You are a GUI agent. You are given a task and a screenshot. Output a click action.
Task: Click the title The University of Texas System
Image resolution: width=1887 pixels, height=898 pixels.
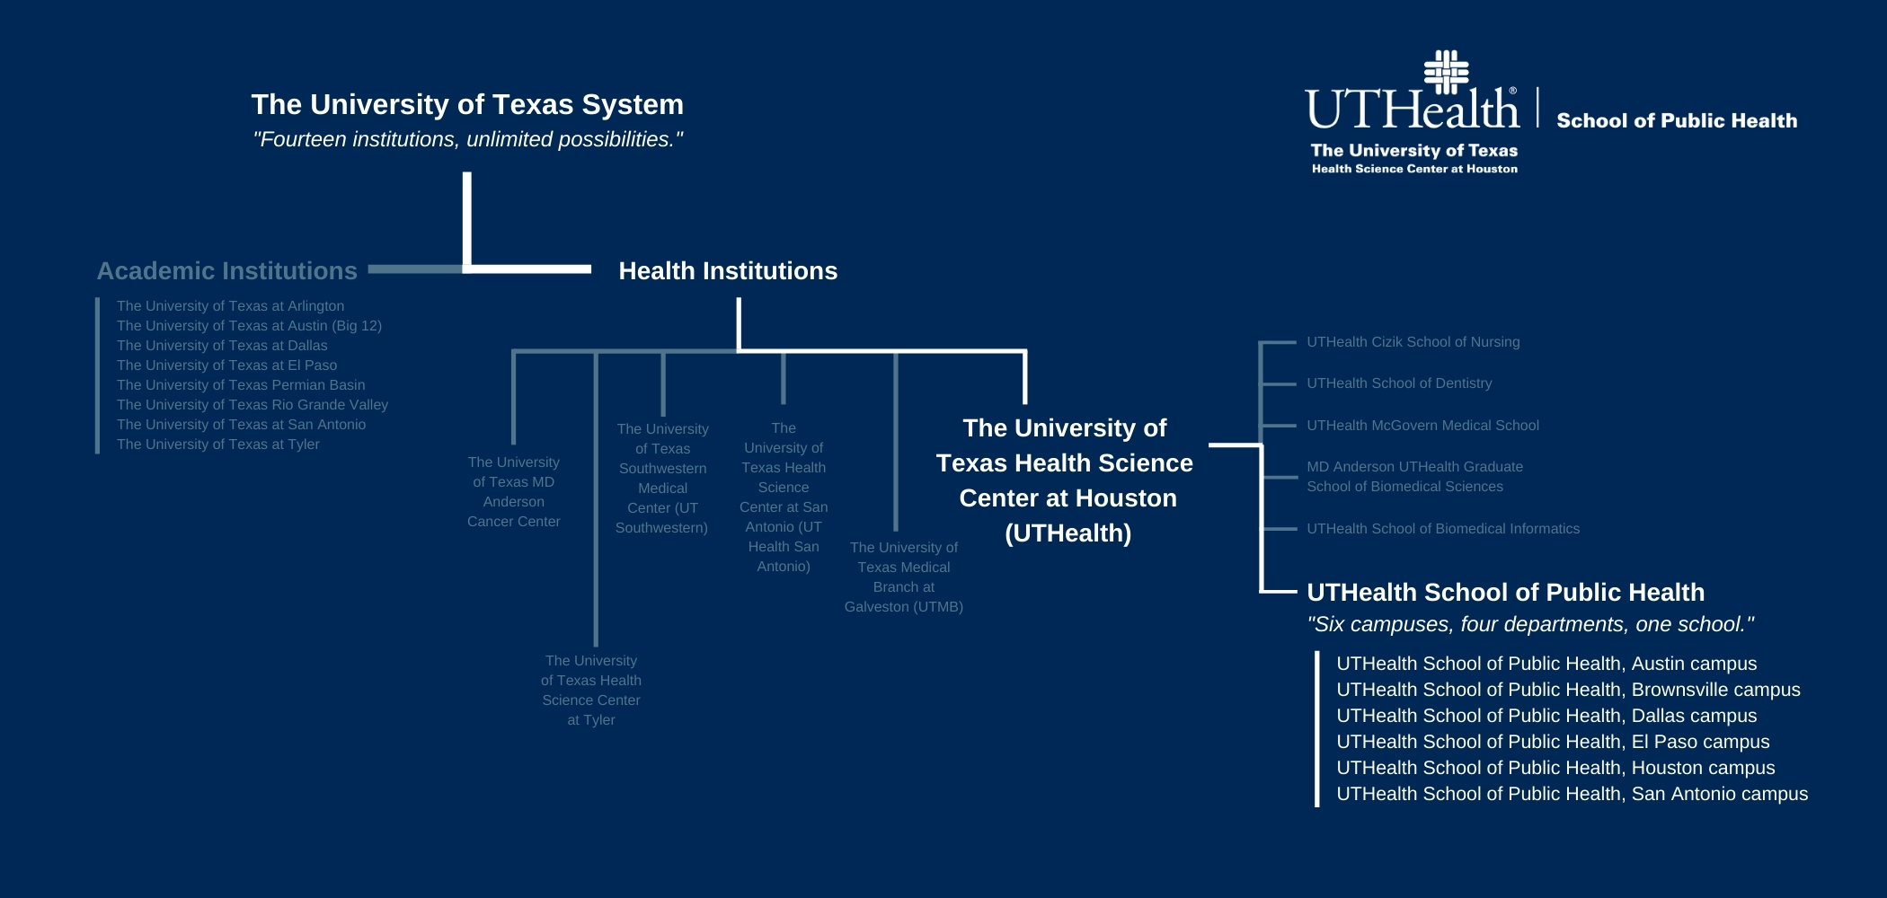coord(467,105)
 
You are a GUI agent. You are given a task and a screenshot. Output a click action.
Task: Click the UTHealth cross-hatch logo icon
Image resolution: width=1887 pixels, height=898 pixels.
coord(1446,72)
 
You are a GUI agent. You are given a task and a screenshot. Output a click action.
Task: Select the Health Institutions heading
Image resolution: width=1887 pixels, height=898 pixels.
coord(728,271)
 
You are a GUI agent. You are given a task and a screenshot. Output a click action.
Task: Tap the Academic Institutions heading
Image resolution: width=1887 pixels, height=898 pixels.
coord(226,271)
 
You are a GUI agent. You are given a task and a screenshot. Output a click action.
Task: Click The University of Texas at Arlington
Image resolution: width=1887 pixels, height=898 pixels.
coord(230,306)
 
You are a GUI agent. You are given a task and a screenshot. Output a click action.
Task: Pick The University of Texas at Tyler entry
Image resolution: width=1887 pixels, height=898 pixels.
coord(217,445)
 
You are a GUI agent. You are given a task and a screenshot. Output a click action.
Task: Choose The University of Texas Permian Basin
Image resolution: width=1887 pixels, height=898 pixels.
coord(241,385)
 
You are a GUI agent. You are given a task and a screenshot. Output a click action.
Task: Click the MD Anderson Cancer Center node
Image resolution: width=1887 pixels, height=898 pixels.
coord(513,491)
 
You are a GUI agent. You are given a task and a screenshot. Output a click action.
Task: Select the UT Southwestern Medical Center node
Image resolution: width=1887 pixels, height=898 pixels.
coord(662,479)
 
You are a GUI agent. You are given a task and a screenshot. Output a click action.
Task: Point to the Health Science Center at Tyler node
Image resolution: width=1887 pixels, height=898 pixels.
coord(590,690)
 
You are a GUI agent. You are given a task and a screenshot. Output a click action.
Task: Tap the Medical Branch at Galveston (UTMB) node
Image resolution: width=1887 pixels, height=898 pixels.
coord(903,577)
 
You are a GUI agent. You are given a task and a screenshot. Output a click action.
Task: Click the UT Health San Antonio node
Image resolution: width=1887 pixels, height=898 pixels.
coord(784,497)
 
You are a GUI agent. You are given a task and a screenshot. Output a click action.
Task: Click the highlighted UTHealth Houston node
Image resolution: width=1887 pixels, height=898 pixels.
coord(1066,480)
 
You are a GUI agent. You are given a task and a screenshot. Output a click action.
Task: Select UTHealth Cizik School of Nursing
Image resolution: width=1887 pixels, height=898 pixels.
coord(1413,342)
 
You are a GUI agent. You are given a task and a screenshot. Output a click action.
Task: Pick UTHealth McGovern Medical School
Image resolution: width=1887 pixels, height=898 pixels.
coord(1422,426)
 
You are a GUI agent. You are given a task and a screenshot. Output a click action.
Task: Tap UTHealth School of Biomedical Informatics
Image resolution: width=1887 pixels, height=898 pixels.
coord(1442,529)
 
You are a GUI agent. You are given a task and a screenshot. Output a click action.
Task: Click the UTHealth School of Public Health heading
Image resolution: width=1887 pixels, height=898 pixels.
coord(1505,593)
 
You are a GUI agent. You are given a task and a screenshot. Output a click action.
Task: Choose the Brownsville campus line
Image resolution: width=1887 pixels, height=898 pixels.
coord(1568,690)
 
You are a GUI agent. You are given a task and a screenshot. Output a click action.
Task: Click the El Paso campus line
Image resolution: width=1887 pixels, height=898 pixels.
coord(1553,742)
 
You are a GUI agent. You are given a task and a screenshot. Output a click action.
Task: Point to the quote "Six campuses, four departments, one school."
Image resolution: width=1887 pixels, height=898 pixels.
coord(1529,624)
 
